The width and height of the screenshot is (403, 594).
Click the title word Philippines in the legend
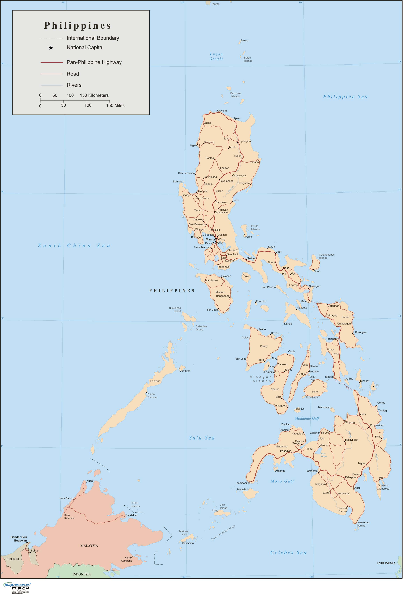78,26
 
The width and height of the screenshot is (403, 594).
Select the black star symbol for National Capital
51,48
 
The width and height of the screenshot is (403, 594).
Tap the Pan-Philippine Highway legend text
94,62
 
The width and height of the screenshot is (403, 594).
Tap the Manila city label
210,240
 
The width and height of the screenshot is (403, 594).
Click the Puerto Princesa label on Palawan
152,395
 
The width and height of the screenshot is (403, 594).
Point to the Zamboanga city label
243,483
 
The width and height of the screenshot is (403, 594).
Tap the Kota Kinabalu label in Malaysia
69,517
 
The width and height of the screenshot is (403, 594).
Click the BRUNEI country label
13,559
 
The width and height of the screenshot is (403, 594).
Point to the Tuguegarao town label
245,141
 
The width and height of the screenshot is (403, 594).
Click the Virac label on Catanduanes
317,271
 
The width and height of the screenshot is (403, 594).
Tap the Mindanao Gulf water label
307,418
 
